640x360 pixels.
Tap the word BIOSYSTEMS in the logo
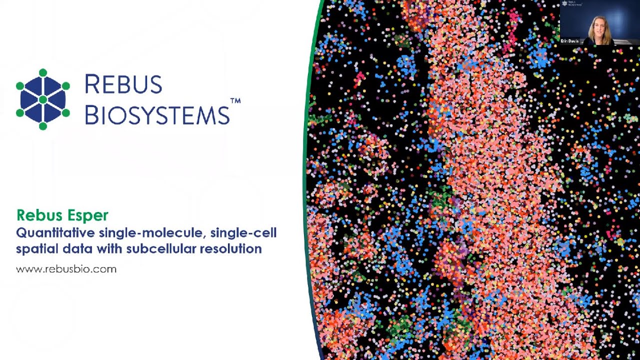pyautogui.click(x=157, y=115)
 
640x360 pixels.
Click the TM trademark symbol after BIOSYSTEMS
pyautogui.click(x=235, y=101)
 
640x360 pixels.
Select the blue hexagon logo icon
pyautogui.click(x=43, y=99)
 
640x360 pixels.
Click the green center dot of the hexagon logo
pyautogui.click(x=43, y=99)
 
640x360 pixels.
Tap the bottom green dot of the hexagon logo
pyautogui.click(x=43, y=126)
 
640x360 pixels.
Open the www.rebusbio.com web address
pyautogui.click(x=66, y=269)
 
